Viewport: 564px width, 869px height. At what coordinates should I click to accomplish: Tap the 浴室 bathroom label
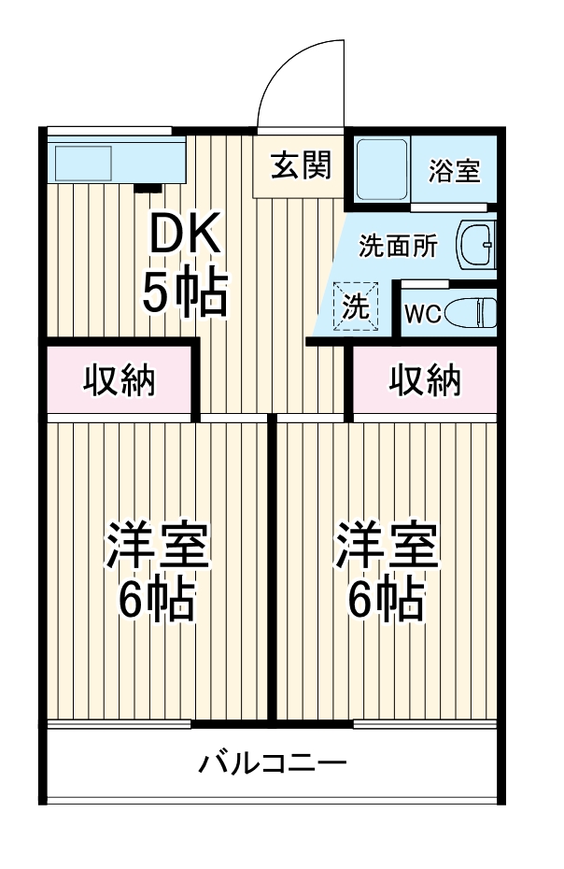[x=454, y=171]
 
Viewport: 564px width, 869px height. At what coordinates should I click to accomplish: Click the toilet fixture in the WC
[x=469, y=312]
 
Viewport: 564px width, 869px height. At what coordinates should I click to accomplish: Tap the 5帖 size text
[x=185, y=294]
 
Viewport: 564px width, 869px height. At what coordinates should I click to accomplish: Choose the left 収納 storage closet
[x=120, y=380]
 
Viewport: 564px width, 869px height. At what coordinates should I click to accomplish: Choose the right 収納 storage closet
[x=425, y=380]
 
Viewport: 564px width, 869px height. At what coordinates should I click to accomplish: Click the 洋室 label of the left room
[x=157, y=548]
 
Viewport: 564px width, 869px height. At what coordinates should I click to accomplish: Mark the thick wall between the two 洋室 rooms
[x=273, y=570]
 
